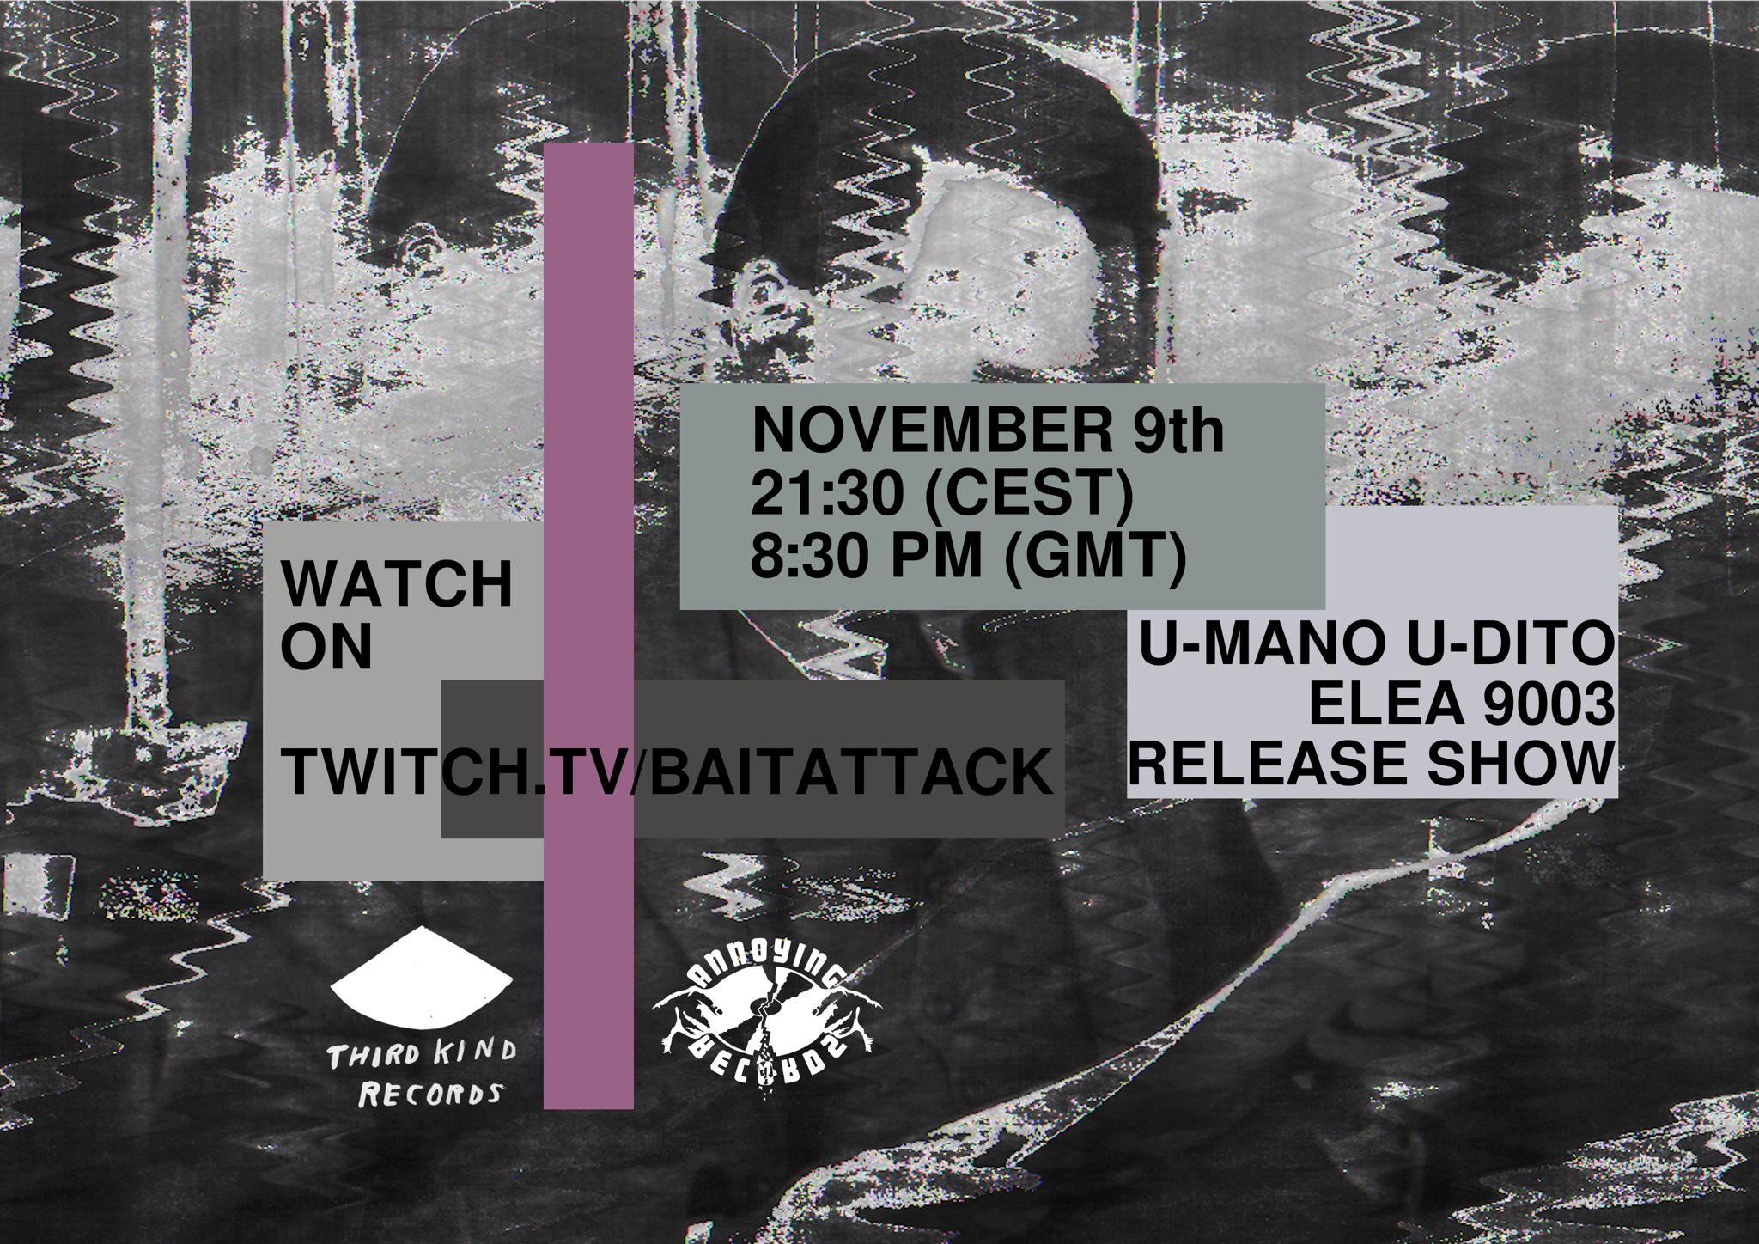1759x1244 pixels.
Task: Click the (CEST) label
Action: click(1031, 496)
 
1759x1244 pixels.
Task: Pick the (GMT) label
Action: click(1095, 558)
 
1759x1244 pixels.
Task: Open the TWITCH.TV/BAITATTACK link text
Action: click(668, 773)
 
